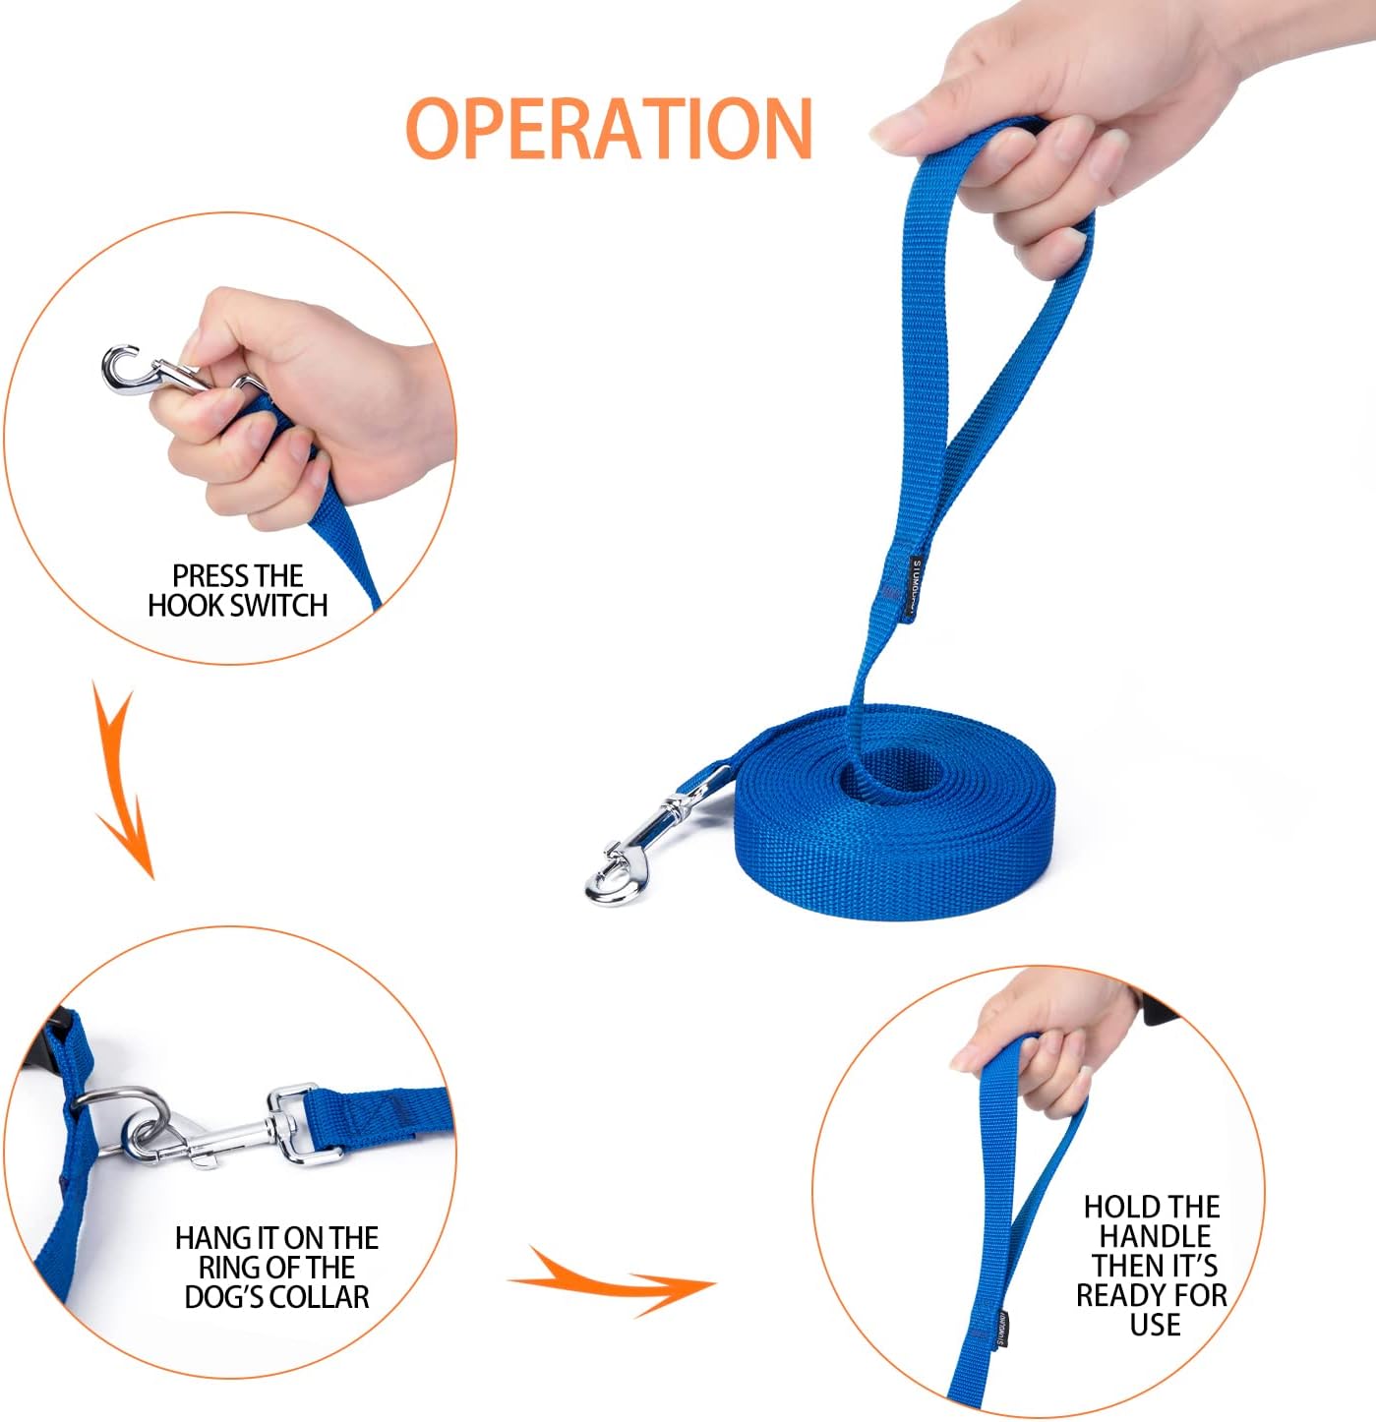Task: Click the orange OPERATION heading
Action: (x=609, y=129)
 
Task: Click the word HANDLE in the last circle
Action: (x=1155, y=1236)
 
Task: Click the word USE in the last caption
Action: (x=1155, y=1325)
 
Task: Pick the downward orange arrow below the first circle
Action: (x=123, y=782)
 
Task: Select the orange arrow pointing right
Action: (x=615, y=1281)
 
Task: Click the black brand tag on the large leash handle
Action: (x=914, y=588)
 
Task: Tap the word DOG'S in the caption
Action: (x=225, y=1297)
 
